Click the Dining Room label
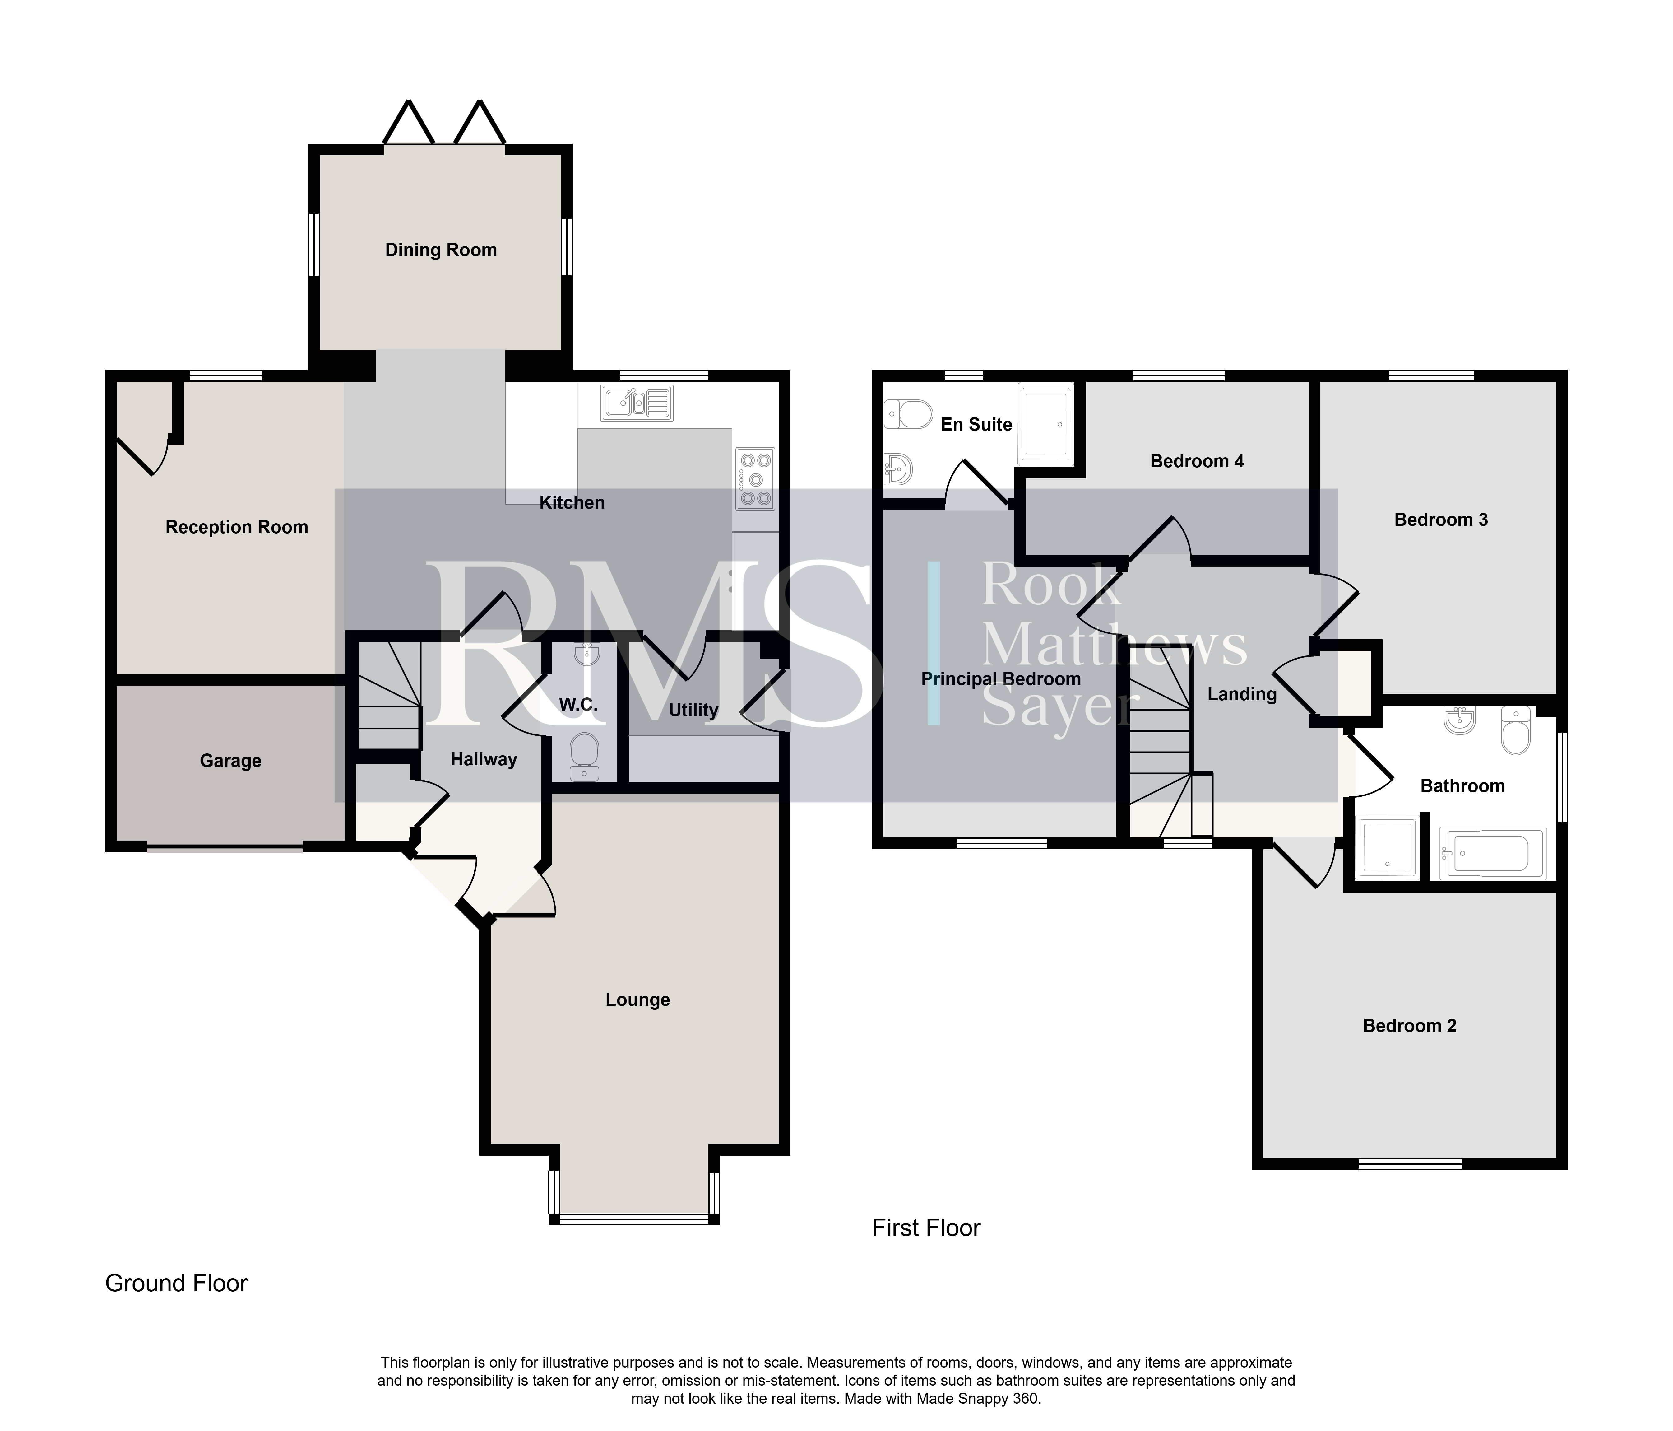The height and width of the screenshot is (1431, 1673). click(x=441, y=250)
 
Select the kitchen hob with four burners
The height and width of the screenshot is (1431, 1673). click(x=756, y=479)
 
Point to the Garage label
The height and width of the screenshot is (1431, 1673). click(x=231, y=761)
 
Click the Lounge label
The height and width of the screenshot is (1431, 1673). click(x=638, y=1000)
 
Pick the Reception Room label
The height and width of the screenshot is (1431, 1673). click(x=237, y=527)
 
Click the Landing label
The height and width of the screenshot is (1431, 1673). click(x=1242, y=695)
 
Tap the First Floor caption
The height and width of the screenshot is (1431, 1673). click(x=926, y=1228)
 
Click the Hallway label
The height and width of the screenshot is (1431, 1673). click(x=484, y=759)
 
